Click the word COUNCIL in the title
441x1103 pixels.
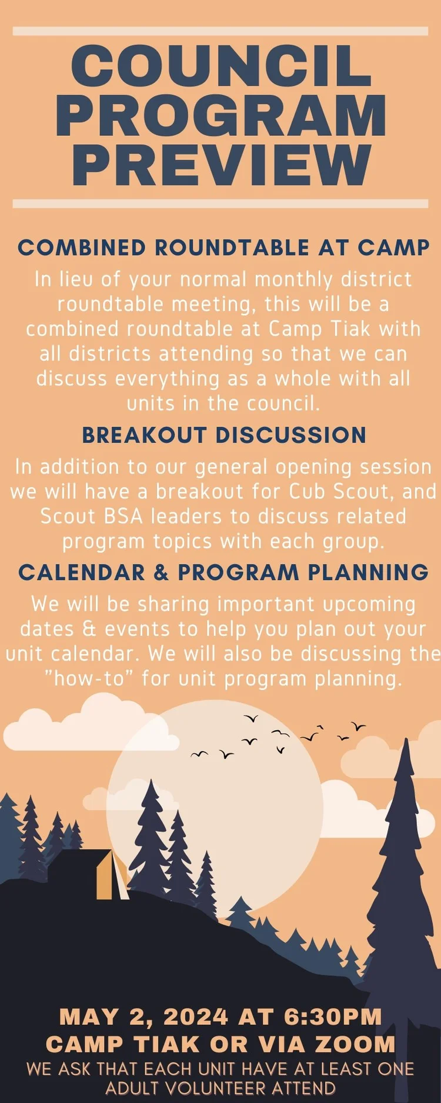tap(221, 66)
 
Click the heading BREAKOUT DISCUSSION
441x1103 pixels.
tap(224, 435)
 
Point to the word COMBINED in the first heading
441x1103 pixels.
tap(82, 248)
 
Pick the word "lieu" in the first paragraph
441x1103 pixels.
tap(76, 279)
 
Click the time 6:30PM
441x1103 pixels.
tap(333, 1017)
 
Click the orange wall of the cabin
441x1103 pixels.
tap(105, 876)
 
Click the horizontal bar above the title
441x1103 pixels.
tap(220, 31)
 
